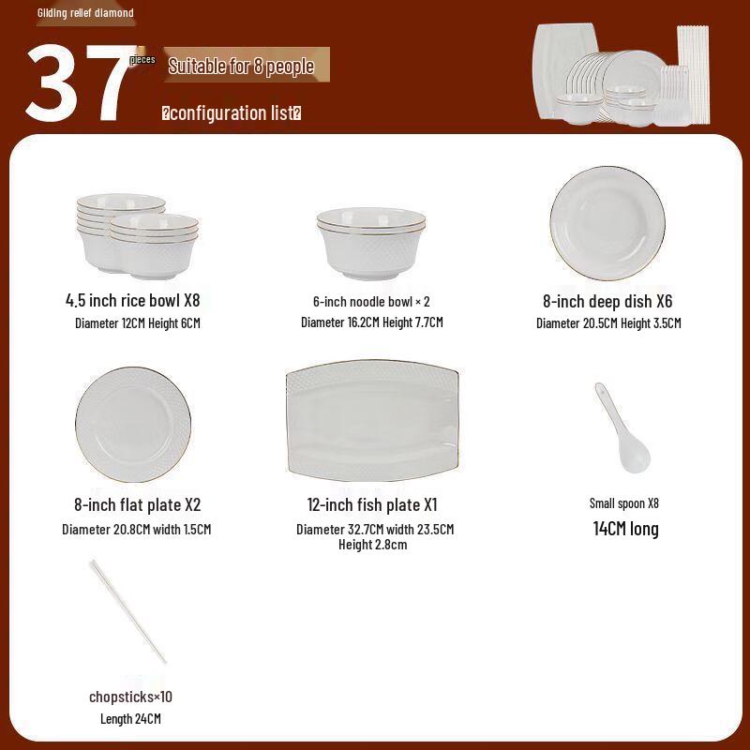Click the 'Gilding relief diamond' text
point(85,13)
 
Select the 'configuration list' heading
point(232,113)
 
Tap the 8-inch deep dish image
point(607,222)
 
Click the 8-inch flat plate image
point(133,426)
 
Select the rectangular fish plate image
point(372,419)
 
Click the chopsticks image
point(128,610)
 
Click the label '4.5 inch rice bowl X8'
point(133,301)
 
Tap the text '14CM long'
point(625,529)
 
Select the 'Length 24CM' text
point(130,719)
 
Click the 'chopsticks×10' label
point(130,697)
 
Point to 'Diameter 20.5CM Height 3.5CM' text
point(607,323)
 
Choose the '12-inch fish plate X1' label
point(372,504)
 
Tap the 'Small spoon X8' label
point(624,503)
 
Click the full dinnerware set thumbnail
point(621,75)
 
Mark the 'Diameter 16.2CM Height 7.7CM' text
point(371,322)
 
